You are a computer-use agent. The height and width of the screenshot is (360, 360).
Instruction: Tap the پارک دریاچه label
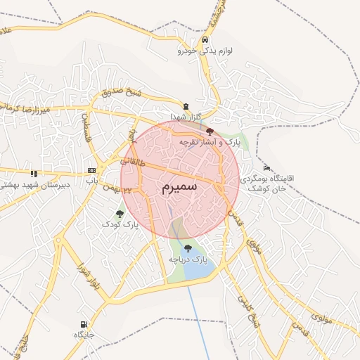188,260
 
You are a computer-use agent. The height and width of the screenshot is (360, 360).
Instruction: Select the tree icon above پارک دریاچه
188,248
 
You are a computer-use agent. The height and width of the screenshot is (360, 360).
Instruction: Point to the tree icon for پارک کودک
120,213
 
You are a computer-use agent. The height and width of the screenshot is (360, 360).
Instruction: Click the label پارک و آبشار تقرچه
210,142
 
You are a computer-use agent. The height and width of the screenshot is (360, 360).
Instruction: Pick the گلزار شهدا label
186,116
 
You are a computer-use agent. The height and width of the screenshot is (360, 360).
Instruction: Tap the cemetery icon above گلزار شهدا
186,105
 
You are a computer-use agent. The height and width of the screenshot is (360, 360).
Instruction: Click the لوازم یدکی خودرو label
205,51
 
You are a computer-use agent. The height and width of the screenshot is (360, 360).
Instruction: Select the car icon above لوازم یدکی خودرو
205,40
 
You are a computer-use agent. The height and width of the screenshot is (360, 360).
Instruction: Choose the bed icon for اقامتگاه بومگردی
266,168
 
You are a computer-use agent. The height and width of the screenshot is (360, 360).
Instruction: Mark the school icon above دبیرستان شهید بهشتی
33,173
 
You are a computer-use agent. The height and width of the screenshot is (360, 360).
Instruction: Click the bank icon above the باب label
91,171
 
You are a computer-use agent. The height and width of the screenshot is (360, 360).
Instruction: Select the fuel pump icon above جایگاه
84,324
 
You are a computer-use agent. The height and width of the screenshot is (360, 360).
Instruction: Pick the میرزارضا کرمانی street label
41,107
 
